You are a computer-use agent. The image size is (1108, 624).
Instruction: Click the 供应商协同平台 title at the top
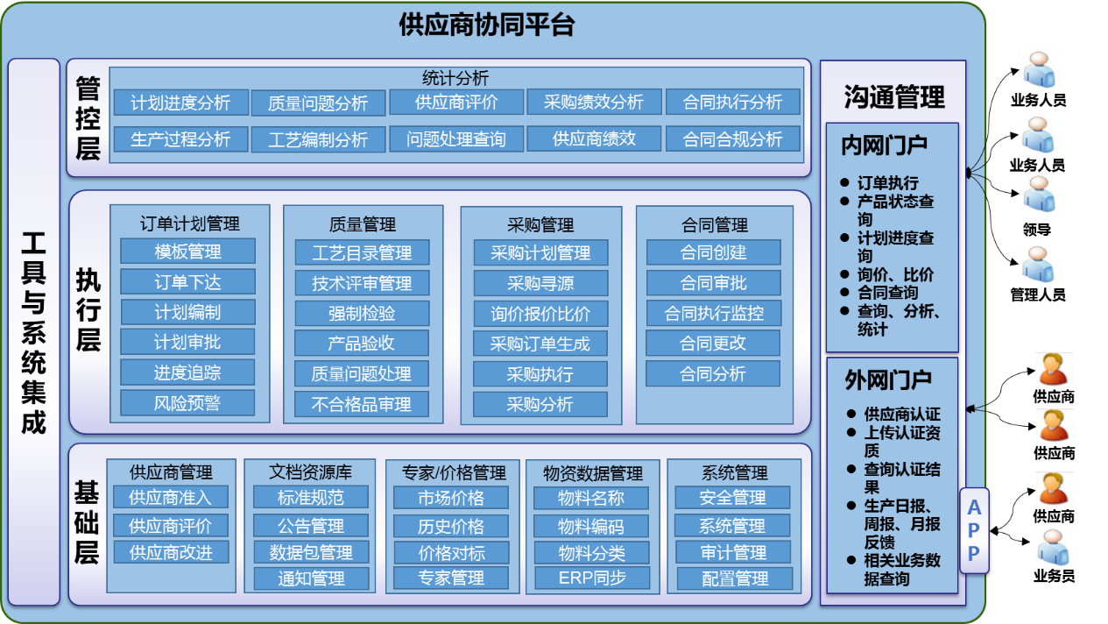pos(487,25)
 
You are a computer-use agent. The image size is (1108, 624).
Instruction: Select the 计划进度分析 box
pos(181,103)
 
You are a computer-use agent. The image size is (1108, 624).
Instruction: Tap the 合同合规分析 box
pos(732,139)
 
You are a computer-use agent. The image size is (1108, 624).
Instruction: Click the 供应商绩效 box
pos(594,138)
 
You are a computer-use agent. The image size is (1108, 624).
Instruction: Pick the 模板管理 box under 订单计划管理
pos(188,252)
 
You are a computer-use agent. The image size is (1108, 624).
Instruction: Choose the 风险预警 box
pos(187,403)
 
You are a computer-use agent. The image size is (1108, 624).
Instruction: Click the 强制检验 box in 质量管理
pos(362,313)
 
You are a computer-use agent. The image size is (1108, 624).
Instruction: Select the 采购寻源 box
pos(540,284)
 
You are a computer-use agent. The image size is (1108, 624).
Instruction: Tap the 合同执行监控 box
pos(714,313)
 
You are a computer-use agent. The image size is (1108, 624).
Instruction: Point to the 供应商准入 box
pos(171,497)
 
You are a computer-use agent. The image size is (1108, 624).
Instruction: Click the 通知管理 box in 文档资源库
pos(311,578)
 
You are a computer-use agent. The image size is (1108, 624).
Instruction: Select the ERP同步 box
pos(592,578)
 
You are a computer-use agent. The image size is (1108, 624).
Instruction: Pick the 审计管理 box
pos(733,552)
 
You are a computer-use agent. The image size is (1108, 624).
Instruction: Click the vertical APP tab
pos(974,530)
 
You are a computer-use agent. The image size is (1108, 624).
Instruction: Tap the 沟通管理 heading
pos(893,96)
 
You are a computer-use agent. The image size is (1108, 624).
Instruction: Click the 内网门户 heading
pos(884,145)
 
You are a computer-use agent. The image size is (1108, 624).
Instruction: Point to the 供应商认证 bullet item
pos(902,415)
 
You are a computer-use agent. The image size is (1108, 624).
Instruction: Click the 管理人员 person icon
pos(1038,265)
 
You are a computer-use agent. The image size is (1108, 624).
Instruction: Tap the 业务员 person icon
pos(1053,547)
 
